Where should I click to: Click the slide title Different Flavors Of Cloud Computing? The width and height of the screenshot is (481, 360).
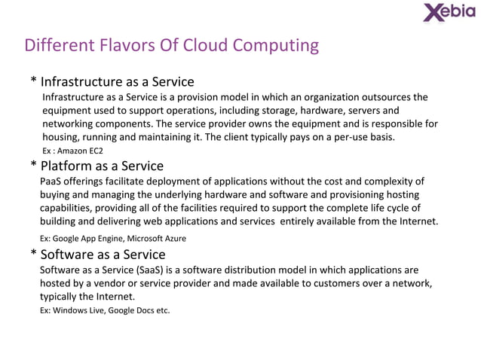coord(172,46)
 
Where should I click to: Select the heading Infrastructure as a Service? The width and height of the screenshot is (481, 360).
coord(117,81)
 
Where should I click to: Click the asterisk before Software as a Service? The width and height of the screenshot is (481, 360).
coord(34,255)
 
